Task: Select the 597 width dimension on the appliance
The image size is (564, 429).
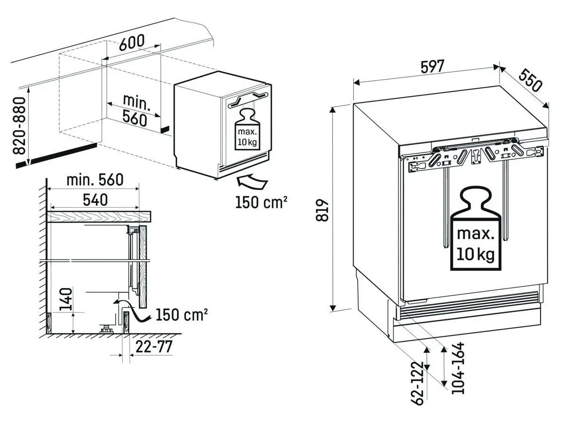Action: (431, 67)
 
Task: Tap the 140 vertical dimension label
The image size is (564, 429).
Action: (66, 299)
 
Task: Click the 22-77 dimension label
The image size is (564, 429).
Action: (154, 347)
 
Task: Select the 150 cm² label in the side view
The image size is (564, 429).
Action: (181, 314)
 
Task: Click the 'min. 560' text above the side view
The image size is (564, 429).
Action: (94, 179)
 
